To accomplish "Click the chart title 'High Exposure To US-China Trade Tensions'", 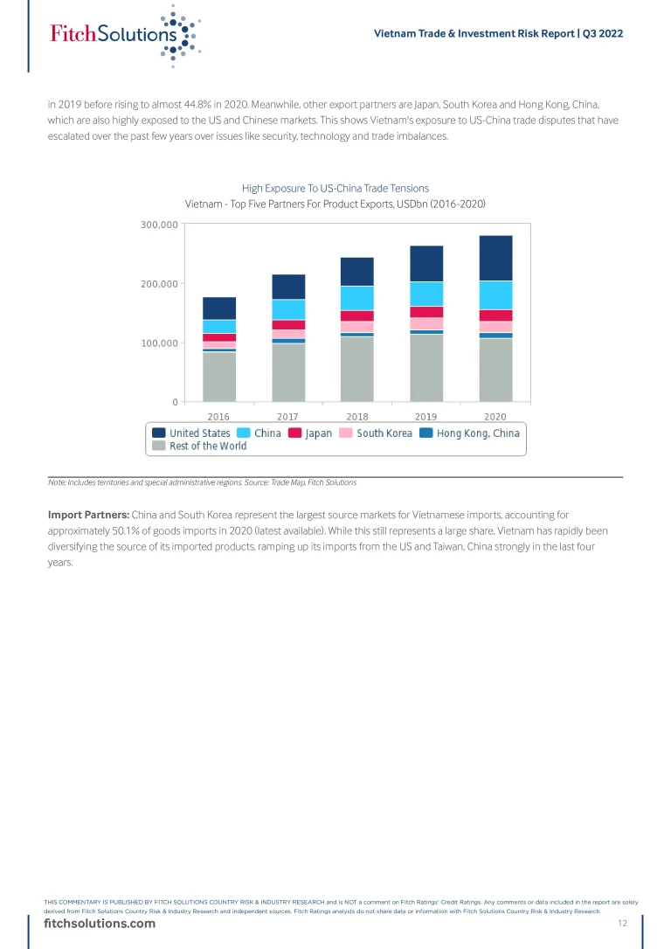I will click(x=335, y=188).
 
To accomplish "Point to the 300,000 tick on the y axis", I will click(x=159, y=225).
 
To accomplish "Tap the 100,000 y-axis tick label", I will click(x=159, y=343).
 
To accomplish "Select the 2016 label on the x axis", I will click(x=219, y=416).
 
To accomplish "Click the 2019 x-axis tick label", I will click(x=426, y=416).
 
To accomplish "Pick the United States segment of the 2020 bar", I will click(x=495, y=258).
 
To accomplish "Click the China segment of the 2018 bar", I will click(x=357, y=298).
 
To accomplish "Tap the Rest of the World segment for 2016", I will click(x=219, y=377).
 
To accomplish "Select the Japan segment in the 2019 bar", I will click(x=426, y=312).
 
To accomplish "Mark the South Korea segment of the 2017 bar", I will click(x=288, y=334).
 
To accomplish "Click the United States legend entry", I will click(x=191, y=433).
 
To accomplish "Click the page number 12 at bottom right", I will click(x=623, y=924).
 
